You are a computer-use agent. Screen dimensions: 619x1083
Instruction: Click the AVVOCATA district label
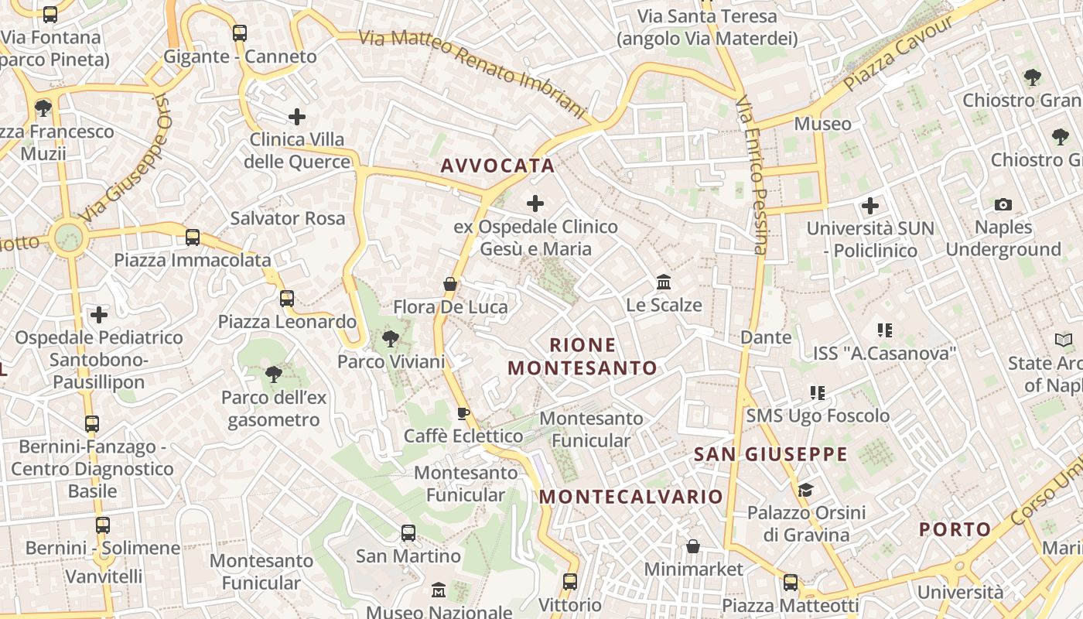click(x=497, y=166)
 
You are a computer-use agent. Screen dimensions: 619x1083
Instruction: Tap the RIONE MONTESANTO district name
click(x=582, y=357)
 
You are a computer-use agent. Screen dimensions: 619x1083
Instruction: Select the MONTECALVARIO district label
click(x=630, y=497)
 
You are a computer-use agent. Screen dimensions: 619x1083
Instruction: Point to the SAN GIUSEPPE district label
click(x=770, y=454)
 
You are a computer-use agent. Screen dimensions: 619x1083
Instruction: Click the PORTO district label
click(x=955, y=530)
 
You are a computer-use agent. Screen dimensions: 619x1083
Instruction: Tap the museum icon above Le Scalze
click(x=664, y=282)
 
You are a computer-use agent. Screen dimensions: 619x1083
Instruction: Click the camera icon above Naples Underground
click(x=1003, y=205)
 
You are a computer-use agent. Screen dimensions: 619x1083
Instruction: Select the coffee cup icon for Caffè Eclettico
click(x=463, y=413)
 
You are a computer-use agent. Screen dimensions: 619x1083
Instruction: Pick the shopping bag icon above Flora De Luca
click(x=450, y=285)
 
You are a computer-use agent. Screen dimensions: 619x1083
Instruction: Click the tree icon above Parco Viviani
click(x=391, y=338)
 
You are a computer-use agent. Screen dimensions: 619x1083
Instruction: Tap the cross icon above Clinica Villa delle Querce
click(x=297, y=117)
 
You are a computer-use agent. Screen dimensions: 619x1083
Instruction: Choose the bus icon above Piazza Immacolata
click(x=193, y=237)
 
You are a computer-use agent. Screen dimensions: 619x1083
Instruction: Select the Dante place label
click(x=766, y=337)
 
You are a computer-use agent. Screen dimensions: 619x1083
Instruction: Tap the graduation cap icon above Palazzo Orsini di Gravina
click(x=805, y=491)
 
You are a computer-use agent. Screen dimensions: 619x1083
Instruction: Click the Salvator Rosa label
click(x=288, y=218)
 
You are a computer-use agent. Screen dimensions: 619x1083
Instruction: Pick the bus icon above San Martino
click(x=408, y=533)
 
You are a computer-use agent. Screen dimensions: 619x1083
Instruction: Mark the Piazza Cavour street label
click(x=898, y=53)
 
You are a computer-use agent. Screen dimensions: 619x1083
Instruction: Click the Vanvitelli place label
click(x=104, y=576)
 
